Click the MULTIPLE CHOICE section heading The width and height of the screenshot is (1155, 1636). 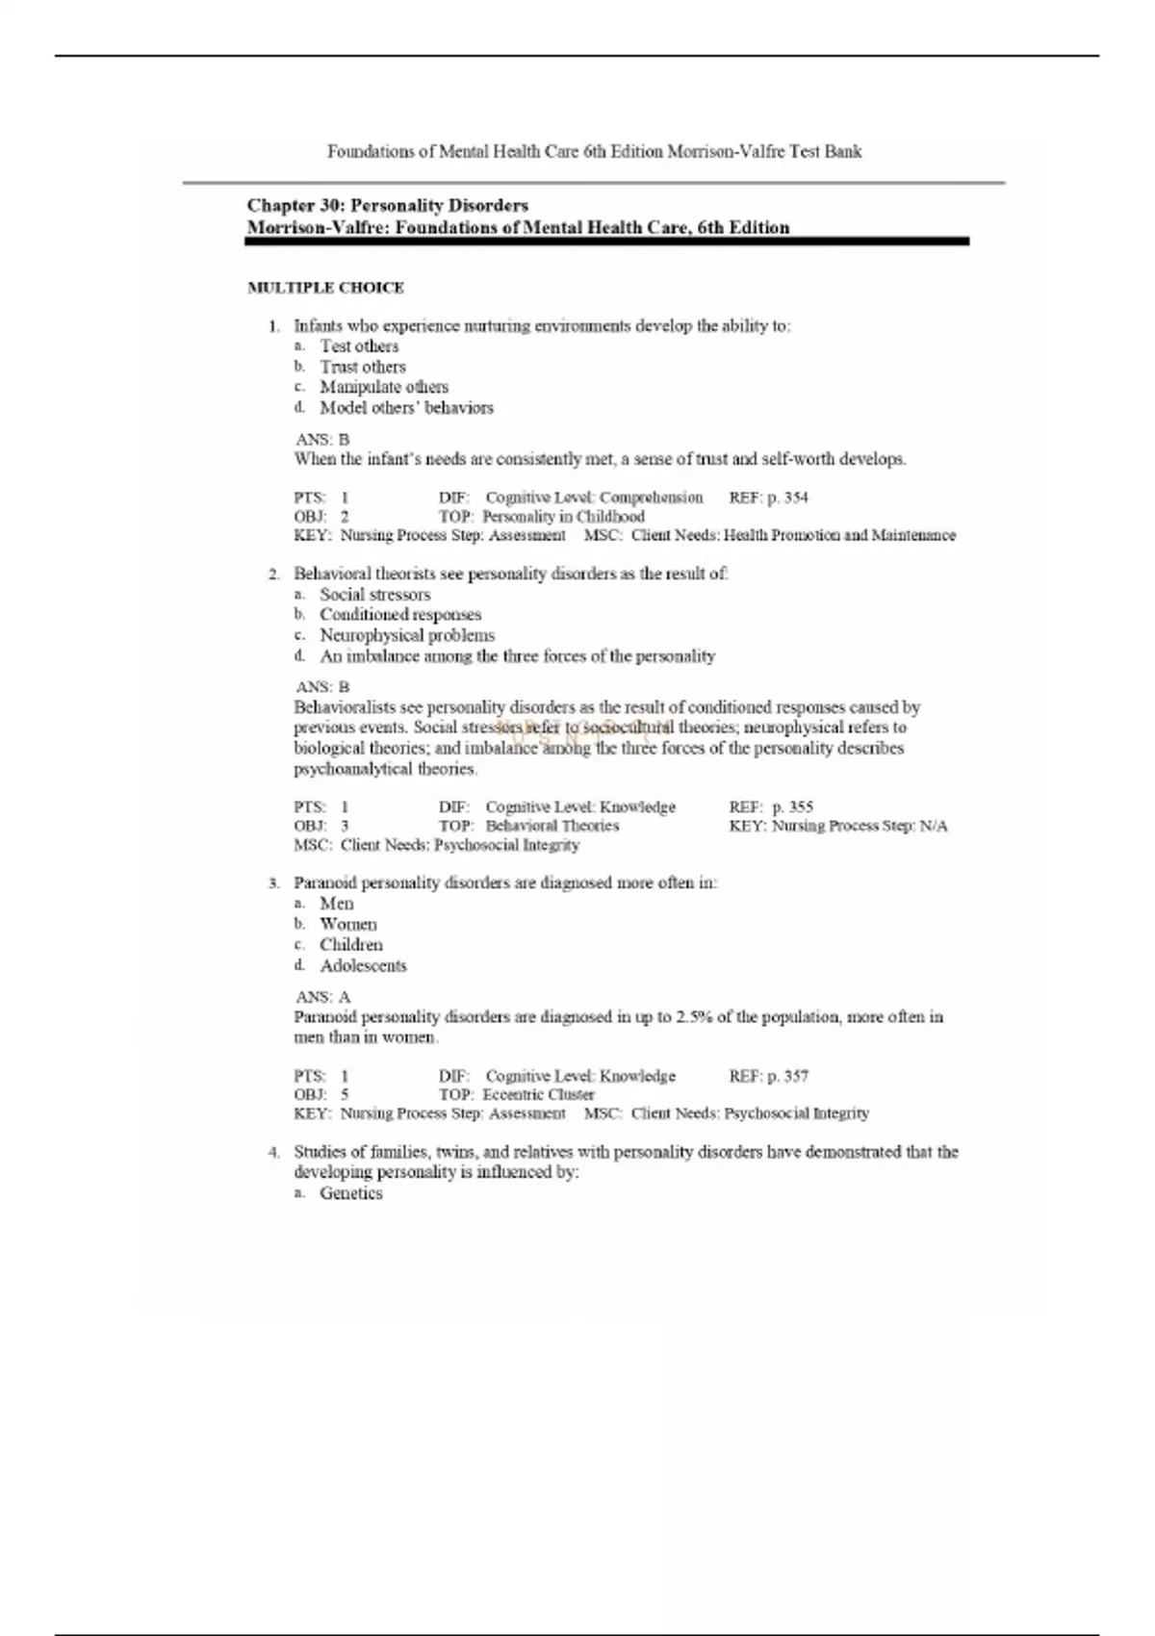[325, 288]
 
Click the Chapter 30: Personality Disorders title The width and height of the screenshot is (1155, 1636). [387, 205]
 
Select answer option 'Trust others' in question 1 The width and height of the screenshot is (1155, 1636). [363, 367]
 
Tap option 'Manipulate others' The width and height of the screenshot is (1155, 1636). [384, 387]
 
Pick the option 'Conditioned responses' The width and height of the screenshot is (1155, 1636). [400, 614]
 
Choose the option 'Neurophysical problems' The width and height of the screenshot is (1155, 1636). [407, 635]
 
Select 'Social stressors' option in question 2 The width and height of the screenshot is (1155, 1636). [374, 594]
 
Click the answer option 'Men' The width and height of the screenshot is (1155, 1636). [337, 903]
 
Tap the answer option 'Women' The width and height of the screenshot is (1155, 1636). [348, 924]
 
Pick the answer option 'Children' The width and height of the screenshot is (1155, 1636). [351, 945]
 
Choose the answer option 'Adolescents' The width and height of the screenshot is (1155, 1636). [363, 965]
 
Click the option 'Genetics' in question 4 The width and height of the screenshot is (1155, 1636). [351, 1193]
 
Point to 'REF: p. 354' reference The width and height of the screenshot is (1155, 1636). [768, 498]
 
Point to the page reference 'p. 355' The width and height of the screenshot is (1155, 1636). [792, 806]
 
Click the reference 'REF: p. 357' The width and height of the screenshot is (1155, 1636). [768, 1076]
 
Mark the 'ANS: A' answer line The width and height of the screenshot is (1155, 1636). [322, 997]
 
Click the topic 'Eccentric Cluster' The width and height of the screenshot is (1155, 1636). [538, 1094]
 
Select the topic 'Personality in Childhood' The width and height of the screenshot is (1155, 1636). [563, 516]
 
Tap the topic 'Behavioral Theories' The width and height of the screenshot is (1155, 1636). [552, 826]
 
